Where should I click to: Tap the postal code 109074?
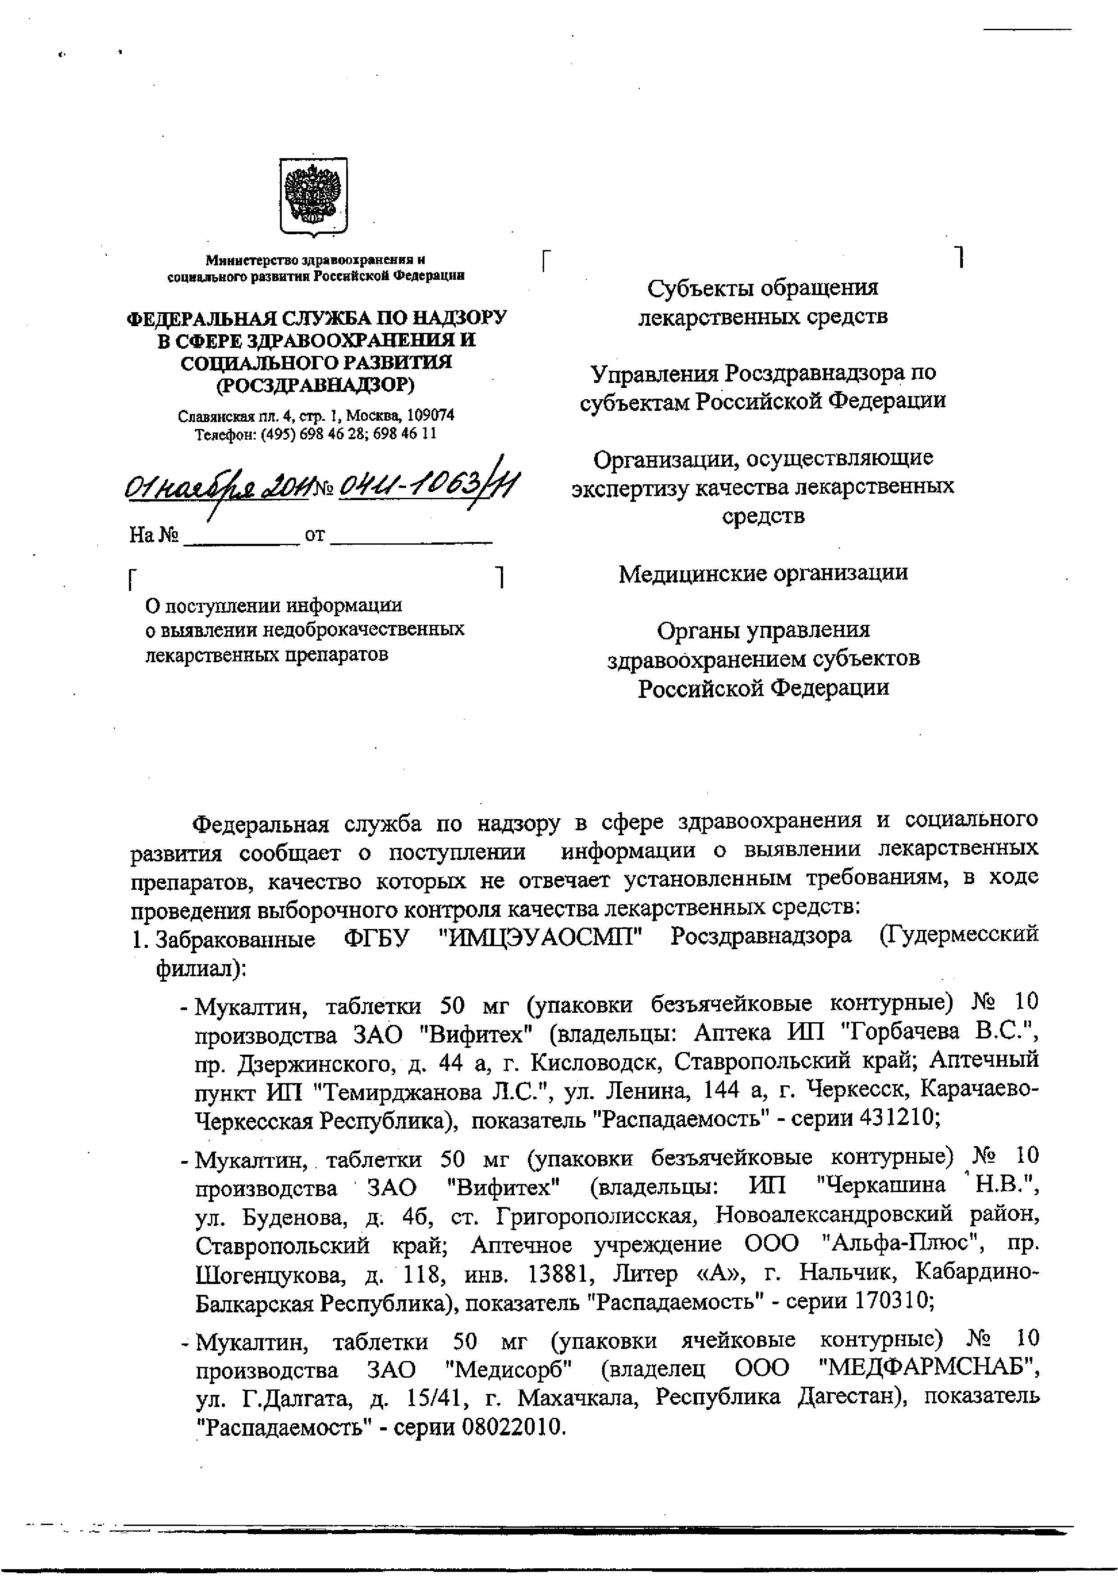click(430, 416)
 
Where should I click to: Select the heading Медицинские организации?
click(763, 573)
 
